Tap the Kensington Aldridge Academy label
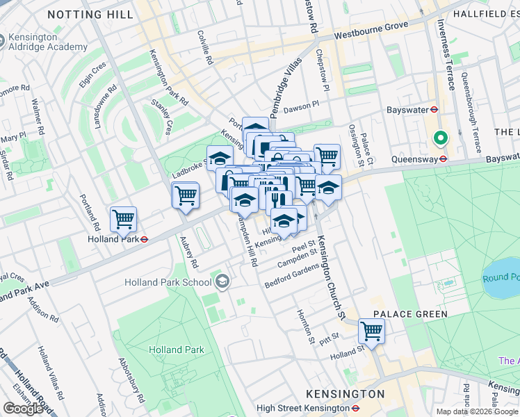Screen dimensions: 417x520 [43, 41]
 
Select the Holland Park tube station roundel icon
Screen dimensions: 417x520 [144, 239]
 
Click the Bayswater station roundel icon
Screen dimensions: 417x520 [433, 109]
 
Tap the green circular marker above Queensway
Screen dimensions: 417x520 [439, 138]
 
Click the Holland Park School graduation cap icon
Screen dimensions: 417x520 [222, 281]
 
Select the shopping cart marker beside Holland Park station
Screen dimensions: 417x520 [123, 220]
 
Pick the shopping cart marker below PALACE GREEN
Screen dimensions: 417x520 [371, 331]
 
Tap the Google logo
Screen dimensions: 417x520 [23, 408]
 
